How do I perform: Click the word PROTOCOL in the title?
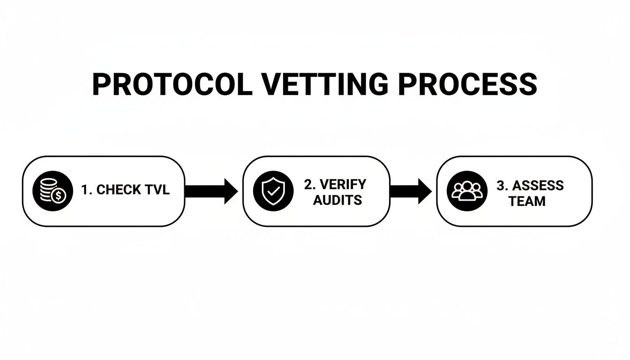click(172, 85)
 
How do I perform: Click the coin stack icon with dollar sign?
click(52, 191)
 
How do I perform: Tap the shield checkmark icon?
click(273, 191)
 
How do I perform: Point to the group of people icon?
click(467, 191)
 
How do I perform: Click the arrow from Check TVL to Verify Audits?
click(212, 191)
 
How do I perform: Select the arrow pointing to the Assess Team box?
click(411, 191)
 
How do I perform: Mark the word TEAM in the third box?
click(527, 201)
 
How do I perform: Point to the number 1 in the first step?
click(84, 190)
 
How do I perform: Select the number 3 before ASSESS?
click(500, 185)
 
